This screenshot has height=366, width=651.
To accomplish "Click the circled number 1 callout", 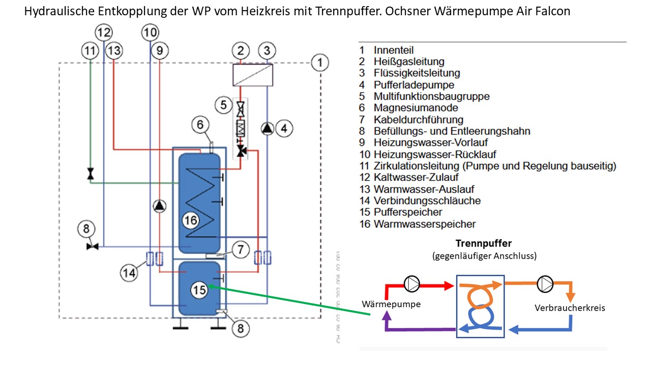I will pyautogui.click(x=320, y=63).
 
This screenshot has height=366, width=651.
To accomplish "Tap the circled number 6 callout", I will pyautogui.click(x=200, y=124).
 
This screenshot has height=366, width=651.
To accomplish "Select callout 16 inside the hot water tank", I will pyautogui.click(x=191, y=221).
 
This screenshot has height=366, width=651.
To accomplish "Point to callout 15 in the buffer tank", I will pyautogui.click(x=200, y=290).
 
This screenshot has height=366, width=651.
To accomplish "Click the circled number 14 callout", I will pyautogui.click(x=129, y=273).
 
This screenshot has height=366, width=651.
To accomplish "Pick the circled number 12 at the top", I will pyautogui.click(x=104, y=33).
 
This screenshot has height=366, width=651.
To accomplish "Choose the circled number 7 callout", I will pyautogui.click(x=241, y=250).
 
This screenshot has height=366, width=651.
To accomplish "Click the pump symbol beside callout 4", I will pyautogui.click(x=268, y=129).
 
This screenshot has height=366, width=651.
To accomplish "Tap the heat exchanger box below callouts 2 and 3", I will pyautogui.click(x=253, y=75).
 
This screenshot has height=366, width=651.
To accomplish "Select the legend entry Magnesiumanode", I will pyautogui.click(x=416, y=108).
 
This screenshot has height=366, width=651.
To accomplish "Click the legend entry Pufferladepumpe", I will pyautogui.click(x=413, y=85).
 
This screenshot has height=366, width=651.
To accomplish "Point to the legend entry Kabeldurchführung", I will pyautogui.click(x=418, y=119).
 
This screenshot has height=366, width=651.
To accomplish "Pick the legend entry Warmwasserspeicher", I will pyautogui.click(x=424, y=224).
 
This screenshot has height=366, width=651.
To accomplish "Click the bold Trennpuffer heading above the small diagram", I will pyautogui.click(x=483, y=243).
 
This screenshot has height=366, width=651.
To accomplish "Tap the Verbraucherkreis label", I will pyautogui.click(x=570, y=308).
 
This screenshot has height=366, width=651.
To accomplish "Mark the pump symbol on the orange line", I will pyautogui.click(x=545, y=283).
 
